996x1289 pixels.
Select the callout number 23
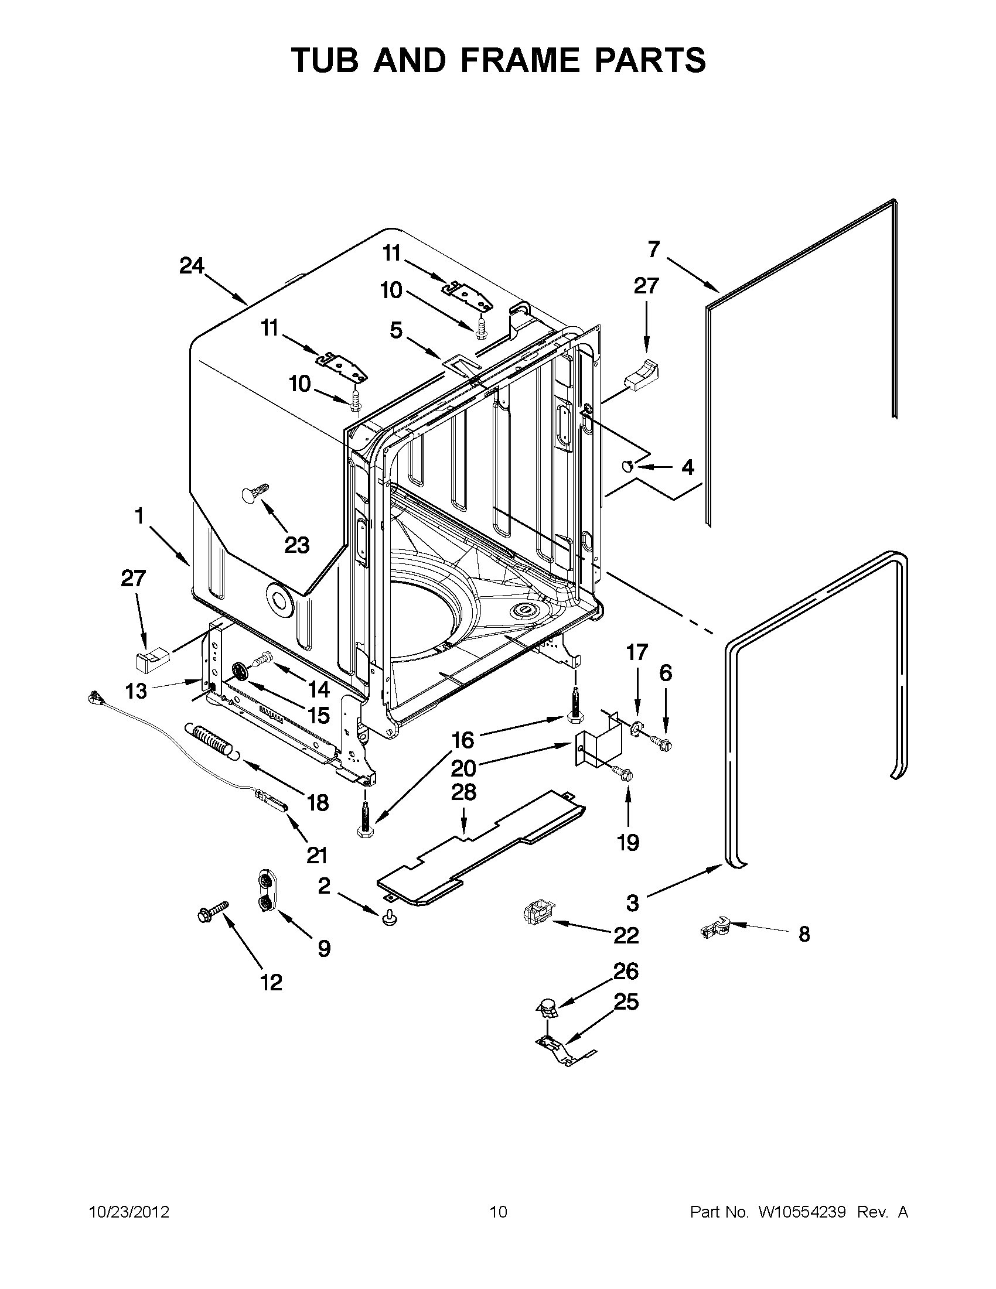[297, 545]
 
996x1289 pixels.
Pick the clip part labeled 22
[539, 914]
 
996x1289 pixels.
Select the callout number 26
[626, 971]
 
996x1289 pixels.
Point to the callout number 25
[626, 1002]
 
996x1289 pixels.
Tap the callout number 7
[654, 249]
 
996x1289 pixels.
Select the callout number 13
[137, 690]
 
